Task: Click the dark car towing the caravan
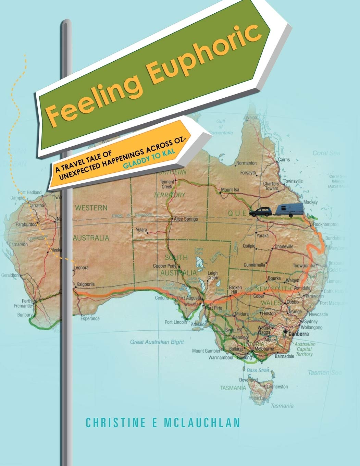[260, 212]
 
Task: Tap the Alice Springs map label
[186, 219]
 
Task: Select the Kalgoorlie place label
[86, 284]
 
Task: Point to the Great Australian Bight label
[157, 342]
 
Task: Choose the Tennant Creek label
[167, 184]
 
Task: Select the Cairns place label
[284, 160]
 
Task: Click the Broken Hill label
[235, 290]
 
